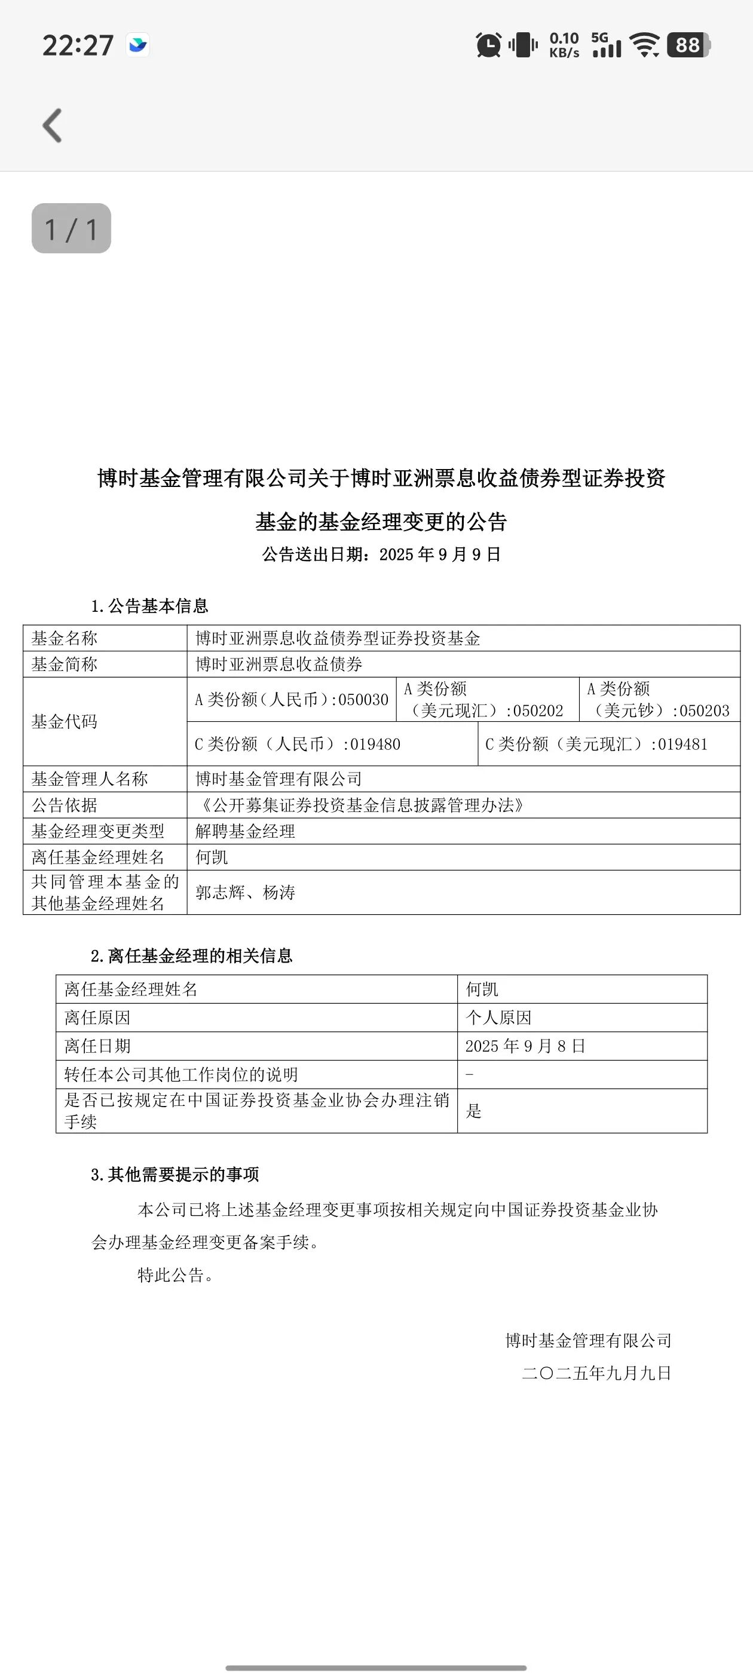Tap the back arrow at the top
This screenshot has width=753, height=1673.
pos(53,125)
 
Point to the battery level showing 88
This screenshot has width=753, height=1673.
pos(688,45)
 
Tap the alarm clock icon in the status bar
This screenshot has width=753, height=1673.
pos(489,45)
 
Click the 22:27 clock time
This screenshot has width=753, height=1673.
pos(78,46)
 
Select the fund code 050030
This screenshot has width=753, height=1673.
pos(363,700)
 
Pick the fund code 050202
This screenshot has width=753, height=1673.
pos(538,711)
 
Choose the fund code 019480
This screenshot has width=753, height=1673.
pos(375,744)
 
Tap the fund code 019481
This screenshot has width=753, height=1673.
pos(682,744)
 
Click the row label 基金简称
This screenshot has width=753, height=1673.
pos(65,664)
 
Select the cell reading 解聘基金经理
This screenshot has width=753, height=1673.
pos(246,831)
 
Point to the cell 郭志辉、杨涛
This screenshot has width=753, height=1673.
pos(246,892)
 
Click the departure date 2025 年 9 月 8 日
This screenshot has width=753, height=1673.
pos(525,1046)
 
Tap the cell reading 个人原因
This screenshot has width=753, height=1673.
pos(498,1018)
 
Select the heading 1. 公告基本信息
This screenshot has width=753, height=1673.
pos(149,606)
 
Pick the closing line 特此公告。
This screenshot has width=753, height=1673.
pos(176,1275)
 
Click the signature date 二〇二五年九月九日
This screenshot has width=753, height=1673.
pos(596,1373)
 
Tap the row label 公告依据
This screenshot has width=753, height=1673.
pos(65,805)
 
